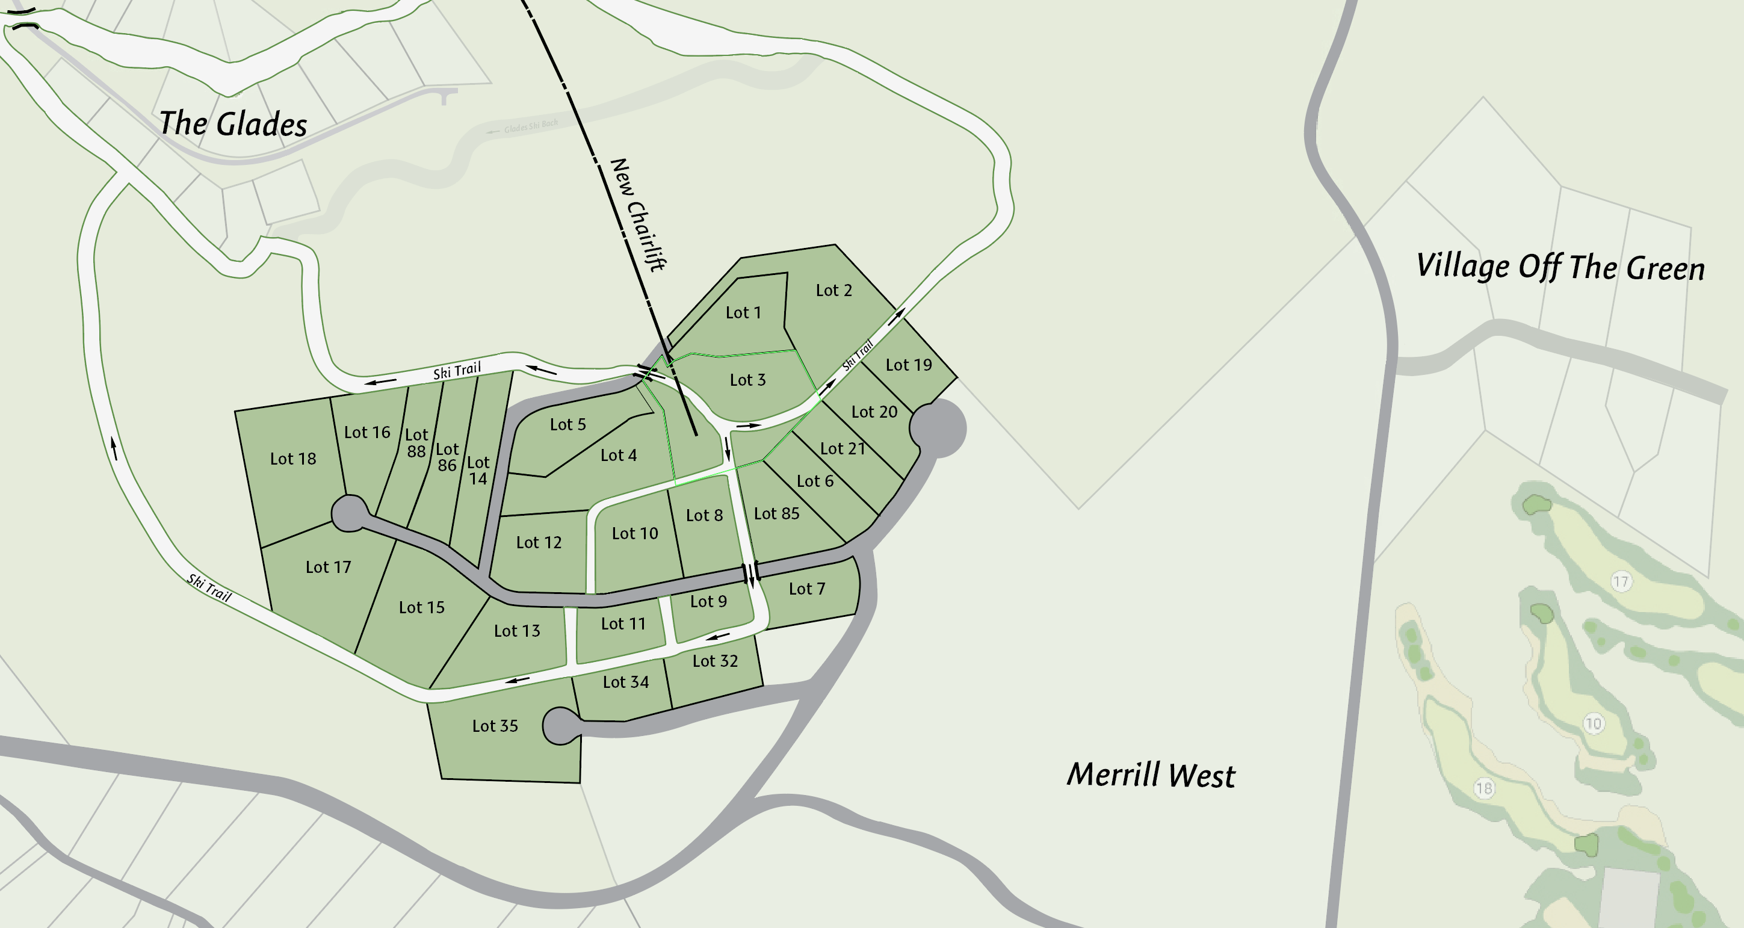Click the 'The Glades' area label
coord(233,124)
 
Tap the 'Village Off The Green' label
coord(1560,266)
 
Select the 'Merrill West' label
coord(1151,775)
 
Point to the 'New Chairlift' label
coord(638,215)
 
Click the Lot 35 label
coord(495,726)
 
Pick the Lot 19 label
coord(909,365)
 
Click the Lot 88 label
coord(416,443)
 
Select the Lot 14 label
coord(478,471)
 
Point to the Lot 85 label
coord(776,514)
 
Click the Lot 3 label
coord(747,380)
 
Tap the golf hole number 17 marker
coord(1620,581)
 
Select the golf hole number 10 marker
coord(1593,723)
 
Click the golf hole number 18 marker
coord(1483,788)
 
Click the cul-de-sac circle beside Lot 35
coord(561,726)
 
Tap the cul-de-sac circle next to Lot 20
coord(938,428)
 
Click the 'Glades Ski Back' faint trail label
coord(531,126)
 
